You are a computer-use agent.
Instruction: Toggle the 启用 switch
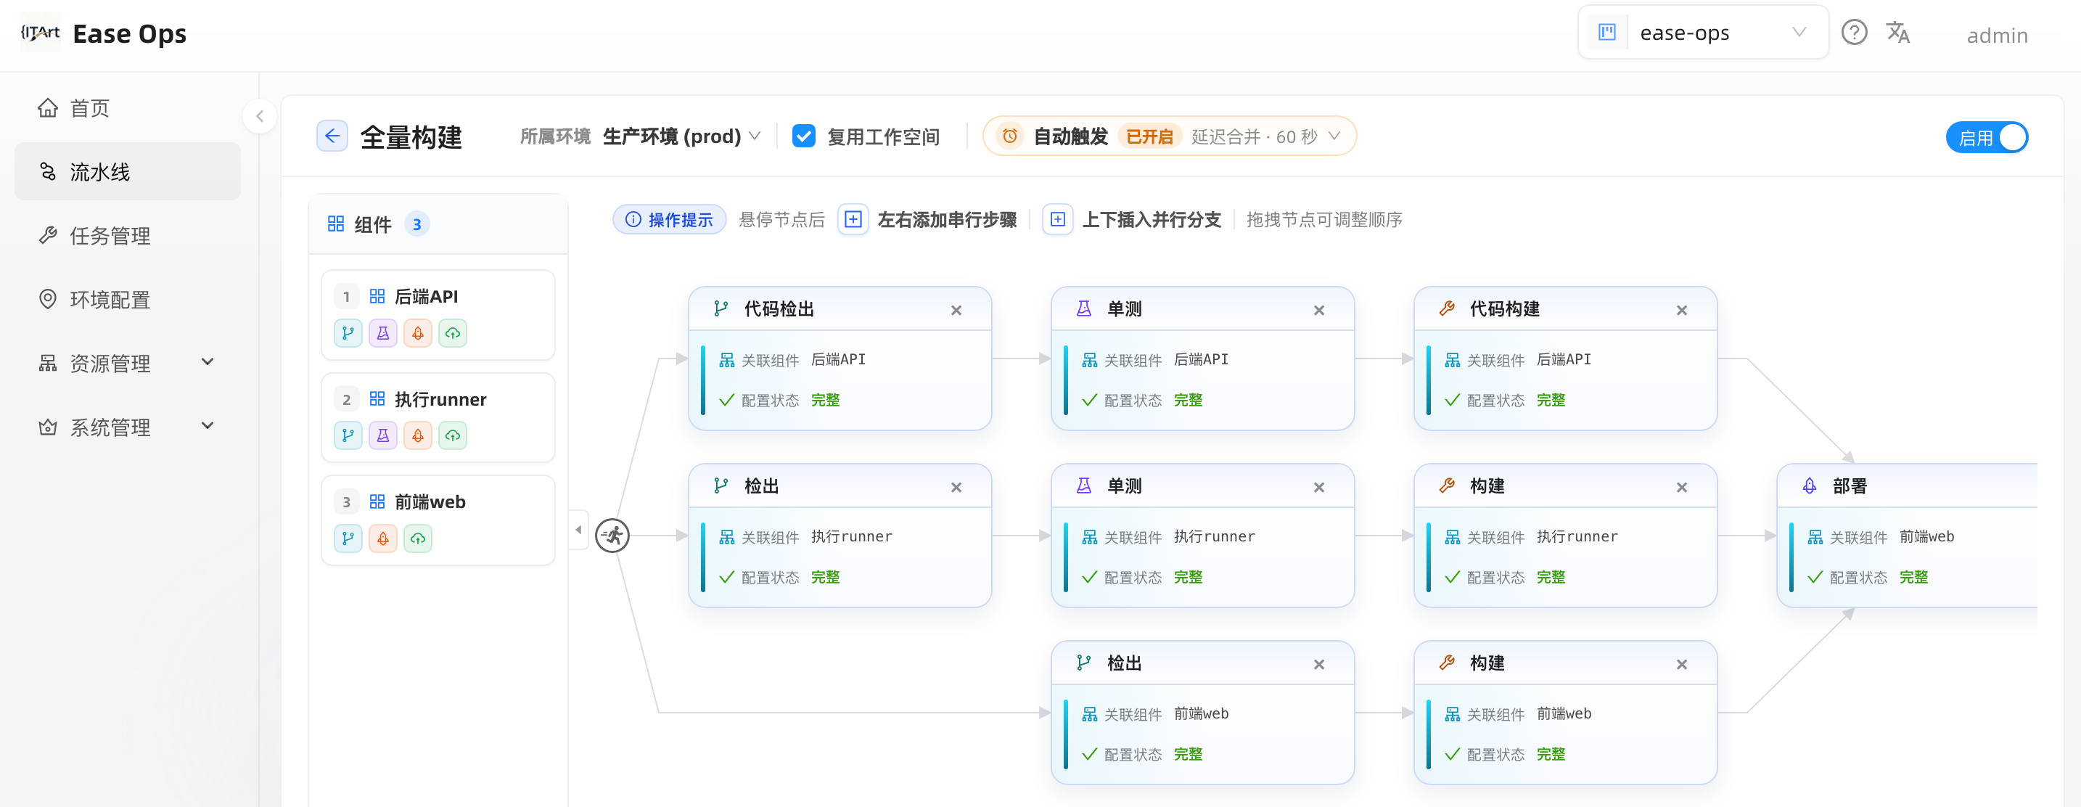point(1987,137)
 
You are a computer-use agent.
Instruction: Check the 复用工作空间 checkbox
point(804,136)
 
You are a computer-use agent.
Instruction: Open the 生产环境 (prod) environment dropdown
point(681,136)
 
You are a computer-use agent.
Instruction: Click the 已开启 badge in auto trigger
point(1149,136)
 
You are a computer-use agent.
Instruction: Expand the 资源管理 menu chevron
point(208,362)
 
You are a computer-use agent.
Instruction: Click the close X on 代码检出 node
point(956,310)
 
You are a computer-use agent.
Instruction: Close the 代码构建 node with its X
point(1681,310)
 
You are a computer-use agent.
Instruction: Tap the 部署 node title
point(1850,486)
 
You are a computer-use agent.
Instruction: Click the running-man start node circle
point(613,536)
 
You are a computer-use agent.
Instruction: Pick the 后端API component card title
point(426,297)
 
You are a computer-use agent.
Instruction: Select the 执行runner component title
point(440,399)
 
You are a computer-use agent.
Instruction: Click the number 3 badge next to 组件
point(416,224)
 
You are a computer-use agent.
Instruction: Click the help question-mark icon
point(1854,33)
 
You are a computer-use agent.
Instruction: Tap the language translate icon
point(1897,33)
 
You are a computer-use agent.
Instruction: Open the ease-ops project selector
point(1703,33)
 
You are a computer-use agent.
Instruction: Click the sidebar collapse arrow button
point(259,116)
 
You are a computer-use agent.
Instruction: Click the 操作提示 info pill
point(670,220)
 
